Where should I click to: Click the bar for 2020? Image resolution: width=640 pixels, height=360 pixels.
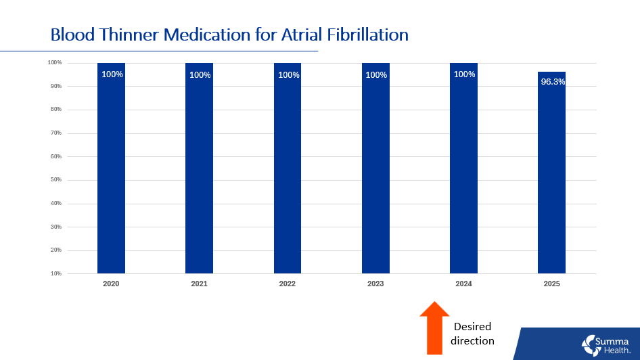tap(111, 169)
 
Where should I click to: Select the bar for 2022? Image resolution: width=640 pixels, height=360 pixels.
tap(288, 169)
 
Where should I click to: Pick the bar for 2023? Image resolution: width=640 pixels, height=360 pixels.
tap(375, 169)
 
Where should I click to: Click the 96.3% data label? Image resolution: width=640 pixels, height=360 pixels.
tap(552, 82)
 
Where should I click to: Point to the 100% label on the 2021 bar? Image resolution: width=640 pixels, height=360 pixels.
tap(200, 75)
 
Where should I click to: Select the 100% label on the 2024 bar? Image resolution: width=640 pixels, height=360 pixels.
tap(464, 74)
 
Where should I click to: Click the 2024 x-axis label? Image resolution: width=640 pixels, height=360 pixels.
tap(463, 284)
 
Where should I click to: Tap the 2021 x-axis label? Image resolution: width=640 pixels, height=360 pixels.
tap(199, 284)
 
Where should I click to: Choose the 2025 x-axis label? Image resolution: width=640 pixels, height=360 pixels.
tap(551, 284)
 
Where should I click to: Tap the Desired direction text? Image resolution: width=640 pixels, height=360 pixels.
tap(472, 334)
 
